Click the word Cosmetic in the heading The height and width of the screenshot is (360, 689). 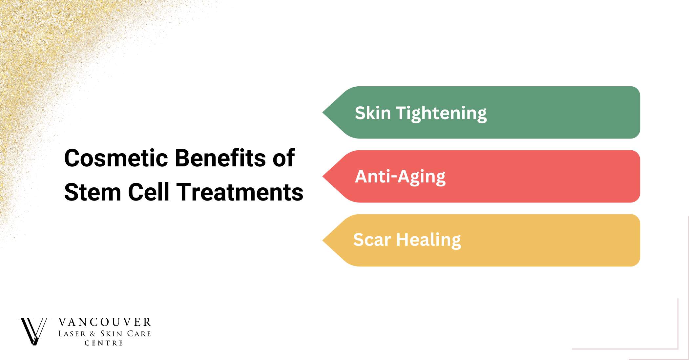116,158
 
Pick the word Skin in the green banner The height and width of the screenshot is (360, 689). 373,113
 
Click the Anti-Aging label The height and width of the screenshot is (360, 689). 400,177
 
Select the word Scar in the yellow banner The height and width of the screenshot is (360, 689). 372,240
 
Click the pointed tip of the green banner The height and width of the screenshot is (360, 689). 323,113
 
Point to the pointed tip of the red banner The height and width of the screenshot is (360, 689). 323,177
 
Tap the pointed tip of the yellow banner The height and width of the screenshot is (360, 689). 323,241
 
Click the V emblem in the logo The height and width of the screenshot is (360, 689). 33,331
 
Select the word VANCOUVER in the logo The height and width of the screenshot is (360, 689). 105,322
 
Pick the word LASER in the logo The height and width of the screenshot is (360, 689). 72,334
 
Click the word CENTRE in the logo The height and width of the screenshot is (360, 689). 104,343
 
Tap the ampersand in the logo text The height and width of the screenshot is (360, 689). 93,334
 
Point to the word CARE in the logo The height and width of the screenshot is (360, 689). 139,334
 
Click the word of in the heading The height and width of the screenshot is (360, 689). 284,158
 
